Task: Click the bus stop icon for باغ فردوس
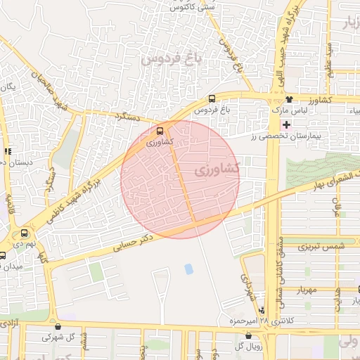(212, 99)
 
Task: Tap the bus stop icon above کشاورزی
(160, 130)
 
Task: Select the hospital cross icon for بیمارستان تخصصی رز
(286, 124)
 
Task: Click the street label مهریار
(307, 290)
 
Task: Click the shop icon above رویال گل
(248, 335)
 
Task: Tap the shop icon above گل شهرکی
(58, 326)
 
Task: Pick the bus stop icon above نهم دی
(25, 233)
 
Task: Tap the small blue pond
(188, 269)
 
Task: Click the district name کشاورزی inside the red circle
(216, 170)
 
